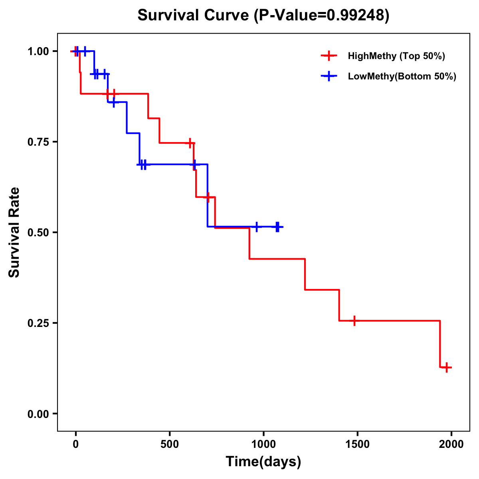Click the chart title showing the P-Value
[x=263, y=16]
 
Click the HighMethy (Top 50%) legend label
[x=396, y=56]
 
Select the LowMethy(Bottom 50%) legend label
[x=402, y=76]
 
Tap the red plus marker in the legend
[x=329, y=56]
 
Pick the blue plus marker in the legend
[x=329, y=76]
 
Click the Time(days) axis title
[x=263, y=462]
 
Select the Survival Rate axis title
[x=14, y=232]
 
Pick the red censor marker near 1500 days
[x=354, y=321]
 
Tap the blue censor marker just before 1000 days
[x=257, y=227]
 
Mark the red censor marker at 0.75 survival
[x=190, y=143]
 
